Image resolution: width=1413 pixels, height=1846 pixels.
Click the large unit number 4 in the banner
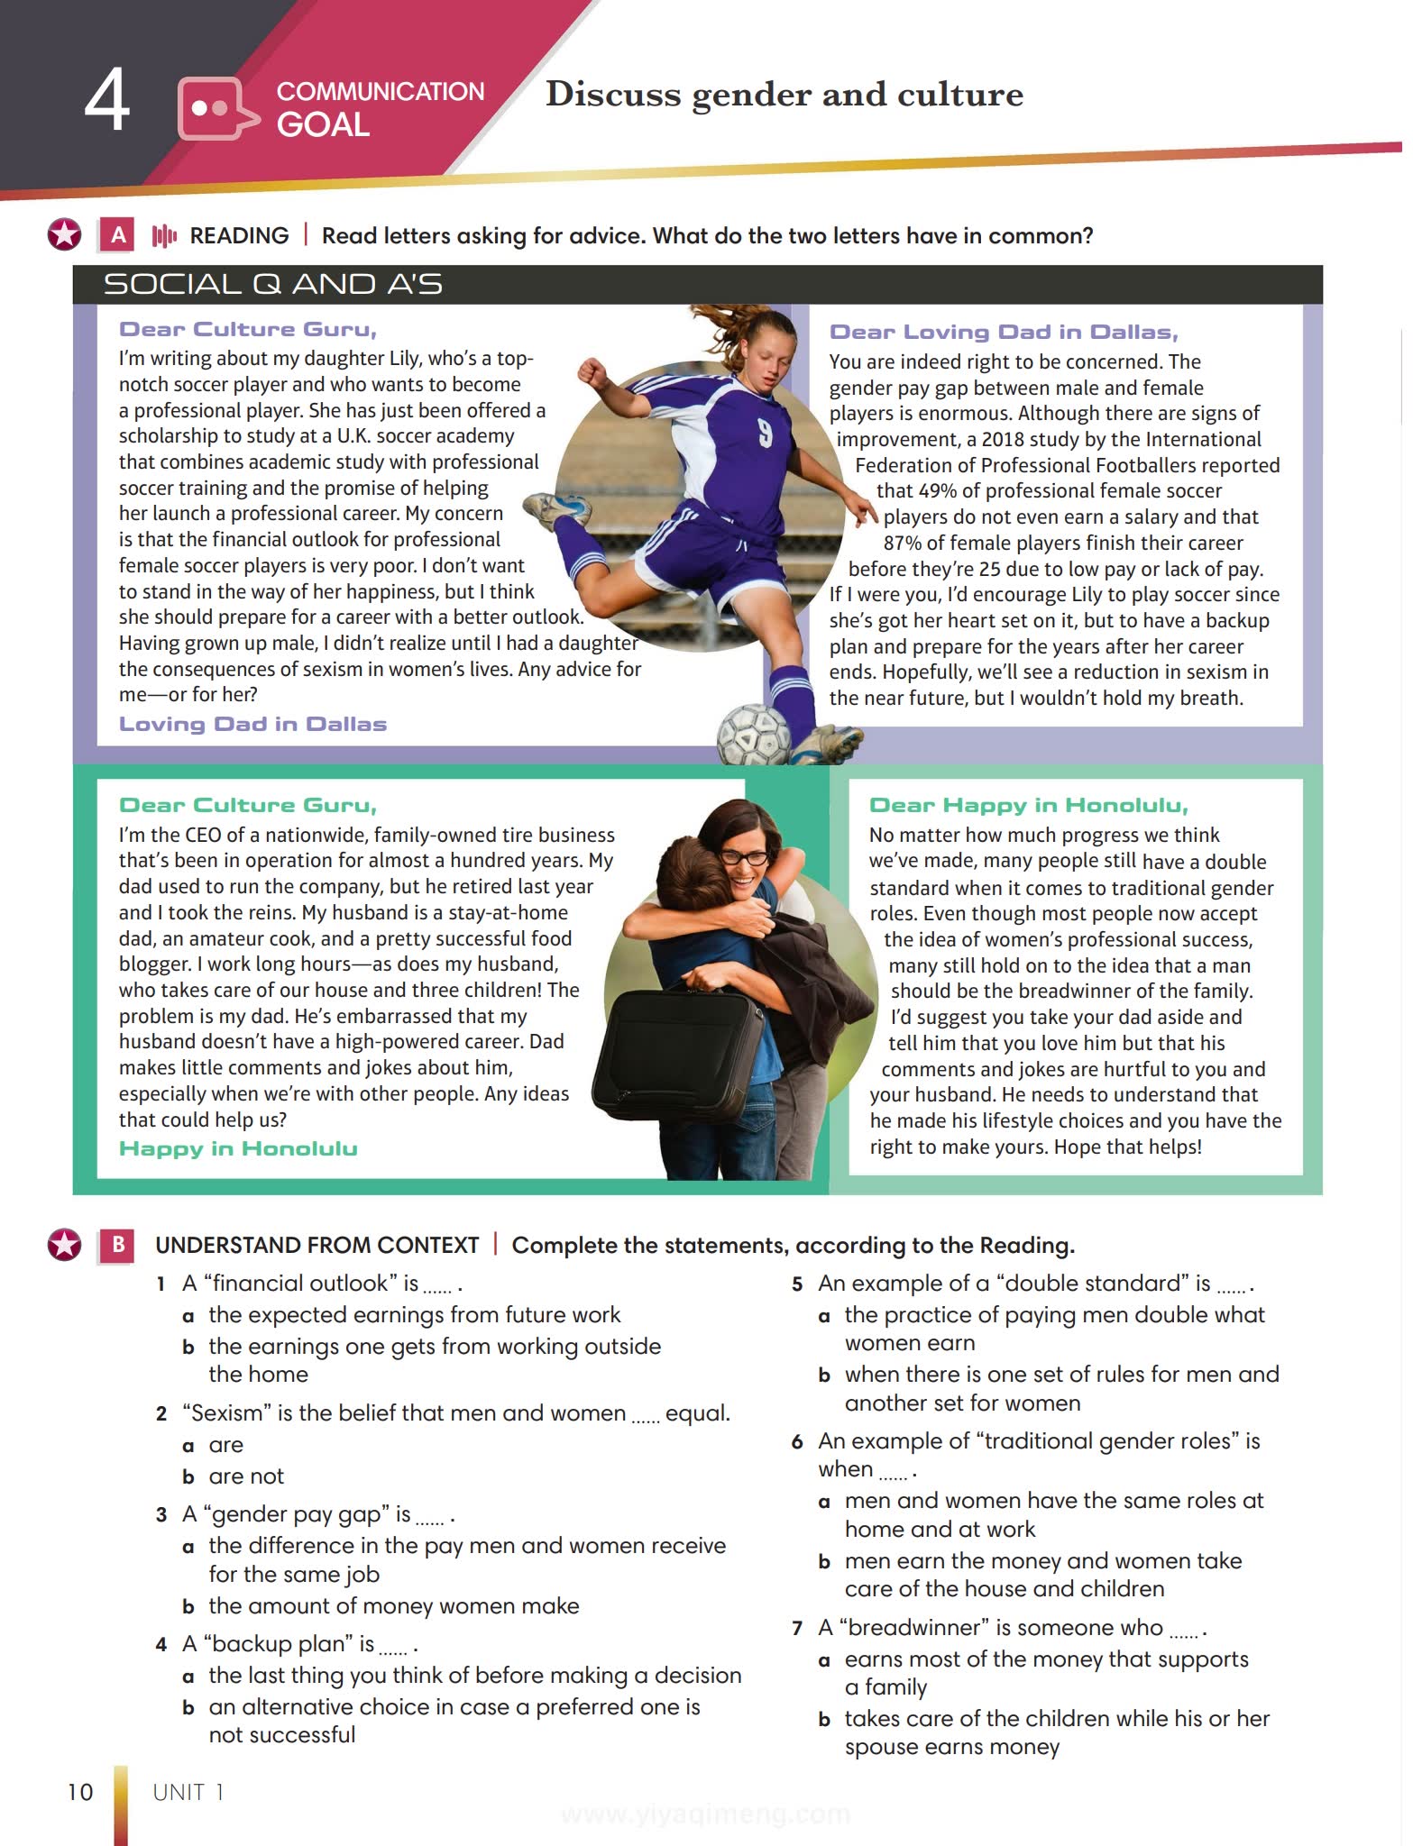click(x=106, y=102)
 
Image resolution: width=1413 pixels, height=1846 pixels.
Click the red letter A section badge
click(x=118, y=235)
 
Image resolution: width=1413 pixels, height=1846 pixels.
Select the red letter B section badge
click(x=118, y=1245)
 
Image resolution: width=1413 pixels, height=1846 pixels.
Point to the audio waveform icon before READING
click(x=164, y=236)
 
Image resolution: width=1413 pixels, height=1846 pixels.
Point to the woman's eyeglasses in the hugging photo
click(x=744, y=857)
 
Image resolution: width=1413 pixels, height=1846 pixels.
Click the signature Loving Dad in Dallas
click(x=252, y=724)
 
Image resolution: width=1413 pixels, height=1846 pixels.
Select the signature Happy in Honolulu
click(x=238, y=1148)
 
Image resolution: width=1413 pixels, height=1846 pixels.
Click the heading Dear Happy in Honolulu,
click(x=1028, y=805)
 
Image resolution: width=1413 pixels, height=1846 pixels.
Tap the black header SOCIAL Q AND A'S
click(x=273, y=284)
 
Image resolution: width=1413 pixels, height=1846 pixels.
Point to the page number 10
click(x=80, y=1792)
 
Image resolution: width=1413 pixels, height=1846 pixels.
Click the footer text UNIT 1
click(x=188, y=1792)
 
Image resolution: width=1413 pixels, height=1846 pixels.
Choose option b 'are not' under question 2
click(x=245, y=1476)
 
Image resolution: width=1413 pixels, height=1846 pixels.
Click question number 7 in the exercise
click(x=796, y=1628)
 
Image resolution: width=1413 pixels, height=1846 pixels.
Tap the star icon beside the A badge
click(x=65, y=235)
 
